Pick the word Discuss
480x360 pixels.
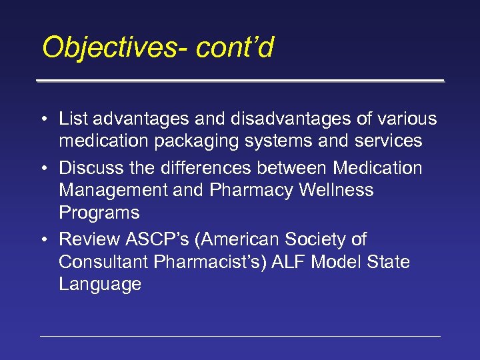(x=88, y=168)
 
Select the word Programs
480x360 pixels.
(x=99, y=213)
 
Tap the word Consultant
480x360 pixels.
(x=104, y=262)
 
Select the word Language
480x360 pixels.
(x=100, y=284)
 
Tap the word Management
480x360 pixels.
(x=113, y=190)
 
